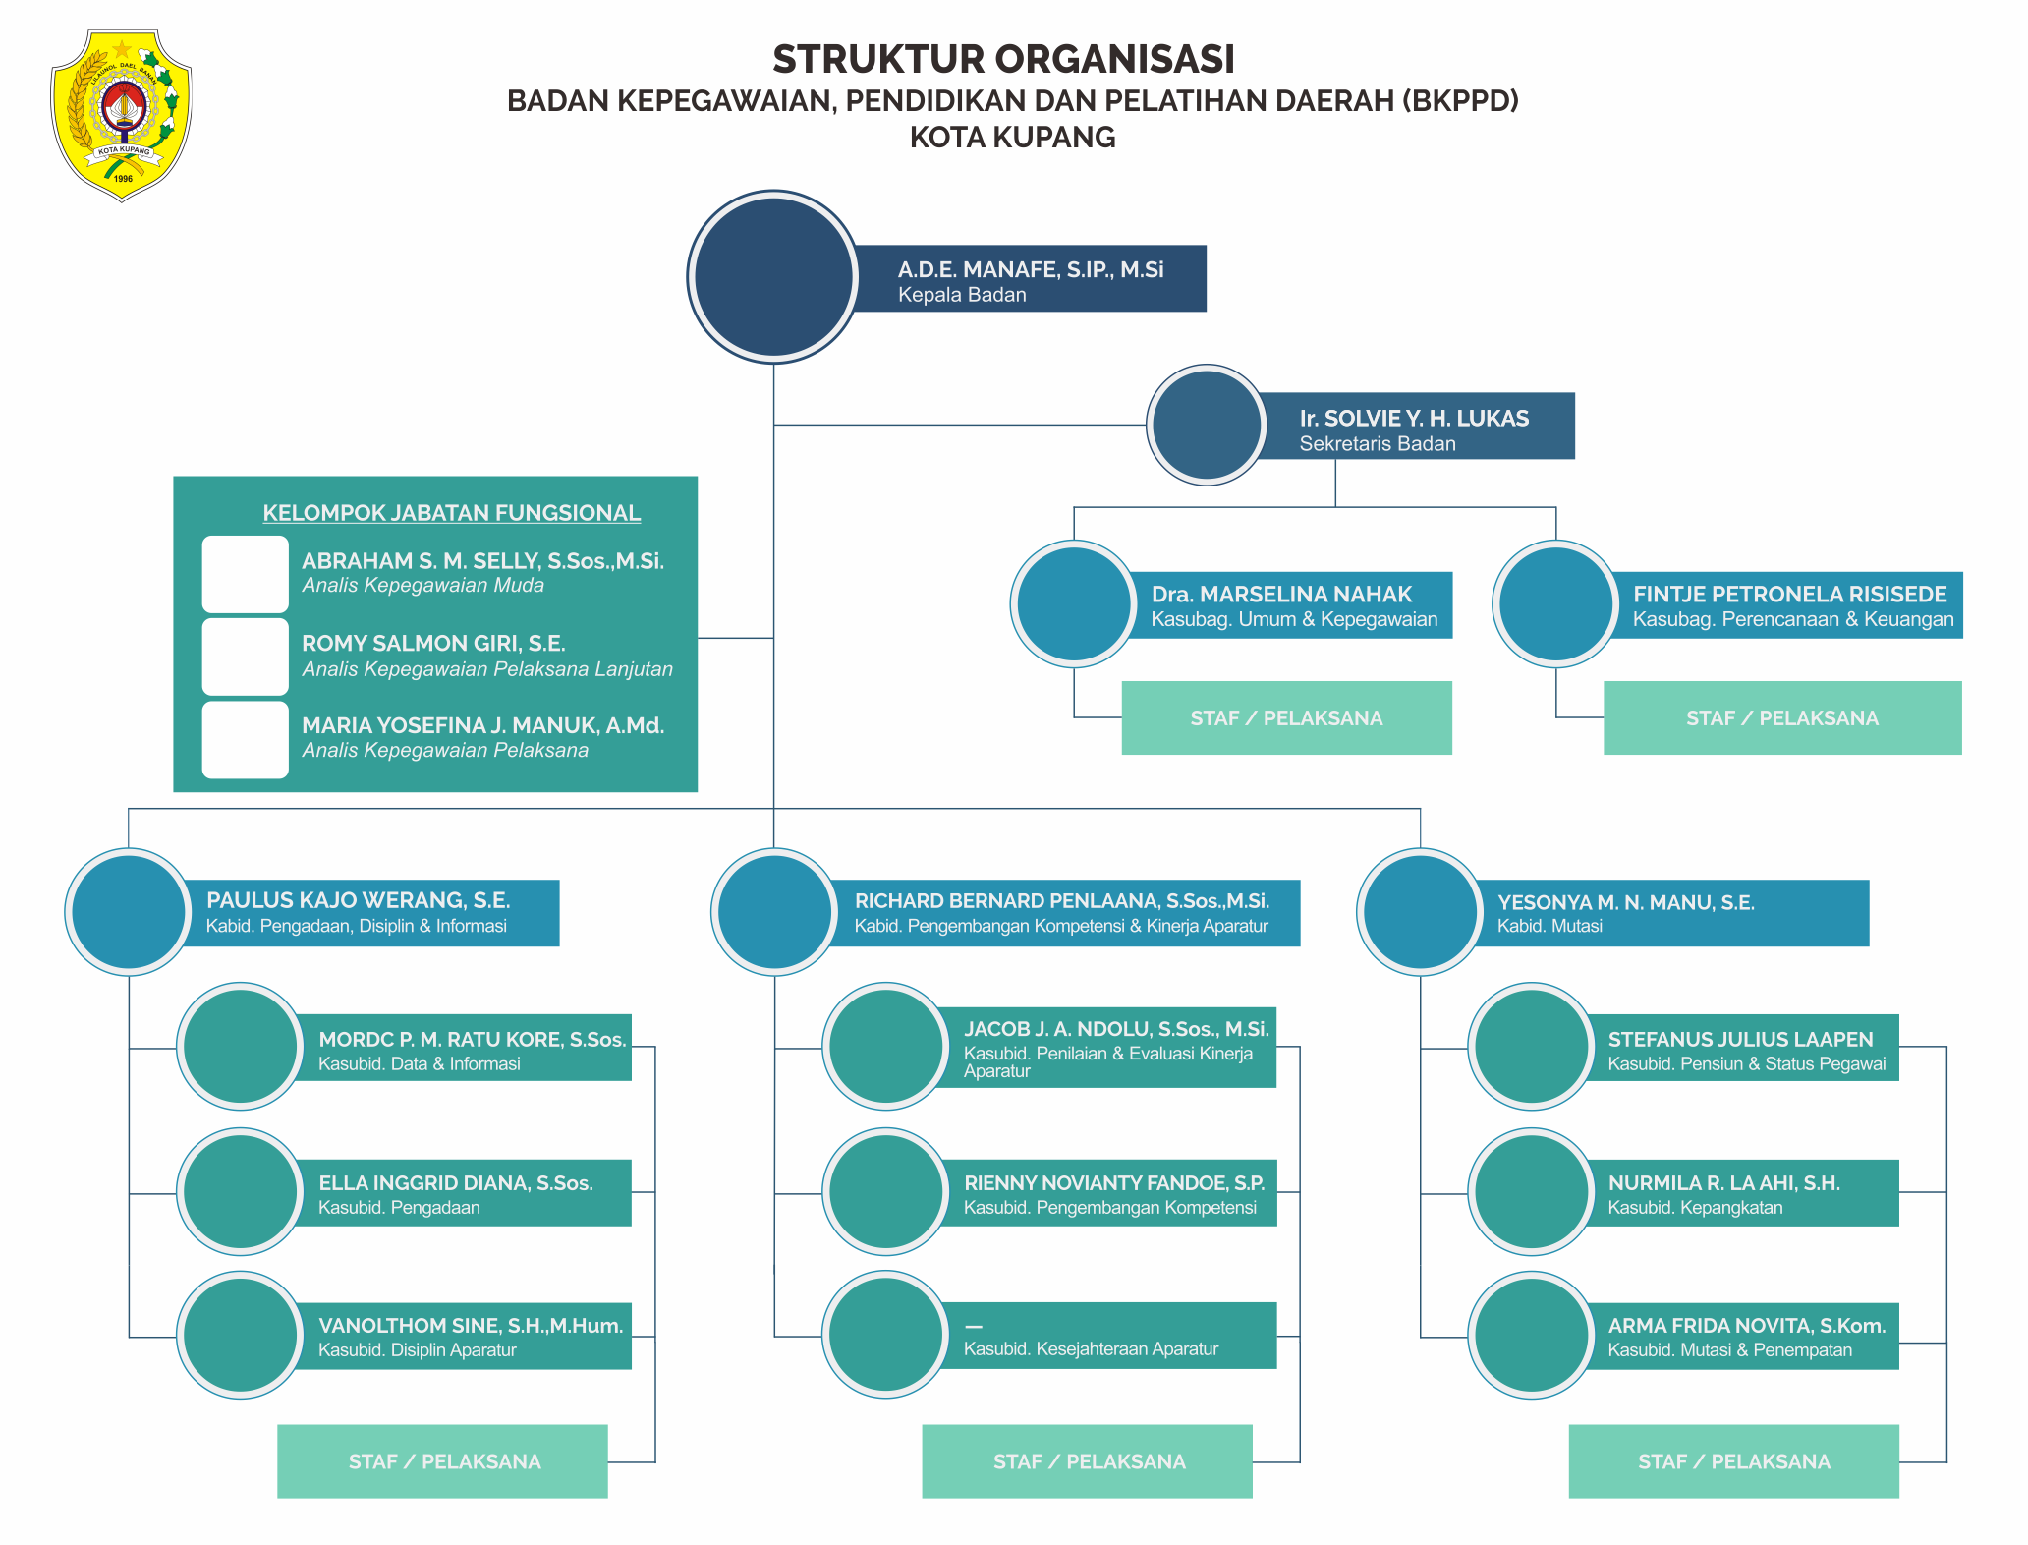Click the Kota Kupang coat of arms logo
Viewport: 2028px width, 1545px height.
pos(121,114)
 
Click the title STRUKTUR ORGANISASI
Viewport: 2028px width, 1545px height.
pos(1003,59)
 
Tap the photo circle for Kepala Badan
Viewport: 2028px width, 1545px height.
pos(773,277)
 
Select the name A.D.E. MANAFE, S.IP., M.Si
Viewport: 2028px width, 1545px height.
pos(1030,269)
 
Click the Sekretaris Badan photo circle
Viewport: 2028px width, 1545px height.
pos(1207,425)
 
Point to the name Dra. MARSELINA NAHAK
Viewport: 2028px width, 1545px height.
pos(1281,594)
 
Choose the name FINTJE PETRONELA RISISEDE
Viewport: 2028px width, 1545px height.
pos(1789,594)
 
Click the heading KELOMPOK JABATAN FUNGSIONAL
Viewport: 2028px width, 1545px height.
pos(451,513)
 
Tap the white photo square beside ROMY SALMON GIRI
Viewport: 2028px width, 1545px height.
pos(245,656)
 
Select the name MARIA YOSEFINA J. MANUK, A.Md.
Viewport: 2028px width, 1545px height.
pos(482,725)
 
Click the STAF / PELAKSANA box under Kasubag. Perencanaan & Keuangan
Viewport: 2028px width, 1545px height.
pos(1781,717)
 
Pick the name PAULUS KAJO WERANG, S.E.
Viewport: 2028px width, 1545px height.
pos(358,900)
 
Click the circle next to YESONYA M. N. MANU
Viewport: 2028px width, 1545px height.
pos(1420,912)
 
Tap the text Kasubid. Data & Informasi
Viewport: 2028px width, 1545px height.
pos(419,1064)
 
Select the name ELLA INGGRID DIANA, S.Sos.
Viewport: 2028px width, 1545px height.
pos(455,1182)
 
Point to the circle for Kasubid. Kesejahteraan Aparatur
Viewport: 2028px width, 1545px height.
pos(885,1335)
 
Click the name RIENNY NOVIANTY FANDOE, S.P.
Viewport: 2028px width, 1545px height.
pos(1113,1182)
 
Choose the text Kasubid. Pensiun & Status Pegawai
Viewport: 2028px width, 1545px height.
pos(1746,1064)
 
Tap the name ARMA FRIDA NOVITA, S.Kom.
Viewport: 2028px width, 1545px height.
pos(1746,1326)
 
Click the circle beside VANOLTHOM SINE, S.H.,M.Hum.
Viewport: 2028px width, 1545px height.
pos(240,1335)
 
